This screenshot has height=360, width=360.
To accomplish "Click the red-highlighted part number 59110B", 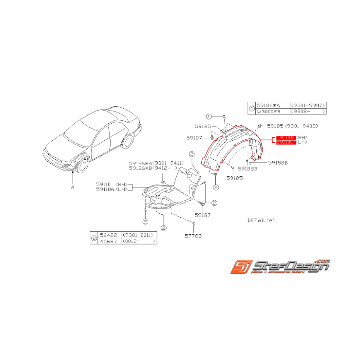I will point(285,138).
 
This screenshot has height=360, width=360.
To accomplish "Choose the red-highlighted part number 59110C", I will point(285,143).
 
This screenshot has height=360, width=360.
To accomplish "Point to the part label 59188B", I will point(278,163).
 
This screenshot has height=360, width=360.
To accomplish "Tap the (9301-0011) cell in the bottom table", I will point(139,235).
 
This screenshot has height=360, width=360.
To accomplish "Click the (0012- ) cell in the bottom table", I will point(139,241).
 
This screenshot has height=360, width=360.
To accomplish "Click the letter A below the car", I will point(72,187).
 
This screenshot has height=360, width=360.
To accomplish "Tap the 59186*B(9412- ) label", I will point(153,168).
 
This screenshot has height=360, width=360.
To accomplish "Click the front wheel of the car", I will point(82,167).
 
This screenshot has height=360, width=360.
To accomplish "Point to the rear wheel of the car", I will point(126,142).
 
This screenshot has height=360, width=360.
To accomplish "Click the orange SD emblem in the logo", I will point(242,267).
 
